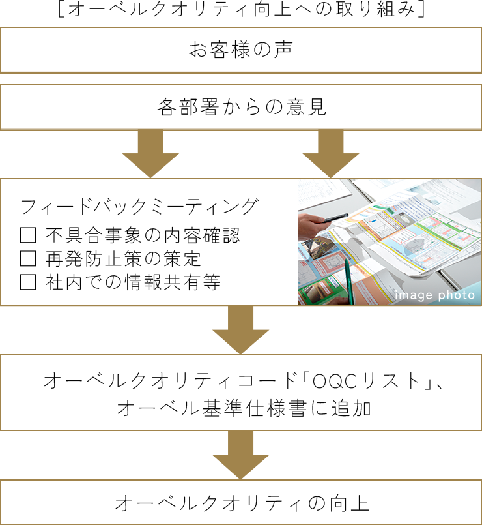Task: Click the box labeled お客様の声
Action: pos(241,50)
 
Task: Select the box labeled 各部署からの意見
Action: pos(241,108)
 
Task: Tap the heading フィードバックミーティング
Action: pos(139,206)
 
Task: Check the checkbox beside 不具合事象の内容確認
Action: pos(28,235)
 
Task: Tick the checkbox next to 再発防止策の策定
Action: pos(28,258)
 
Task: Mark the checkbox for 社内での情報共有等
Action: pos(28,282)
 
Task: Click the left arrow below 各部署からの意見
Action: pos(150,154)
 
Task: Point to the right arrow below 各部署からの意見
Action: pos(331,154)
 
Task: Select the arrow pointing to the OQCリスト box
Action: pos(241,329)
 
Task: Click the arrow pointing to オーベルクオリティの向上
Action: pos(241,455)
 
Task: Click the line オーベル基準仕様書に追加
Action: pos(244,408)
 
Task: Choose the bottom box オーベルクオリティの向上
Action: pos(241,502)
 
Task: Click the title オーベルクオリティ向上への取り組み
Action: pos(241,9)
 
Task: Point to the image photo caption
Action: pos(434,295)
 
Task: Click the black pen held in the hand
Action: pos(335,218)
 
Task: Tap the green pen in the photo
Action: pos(348,281)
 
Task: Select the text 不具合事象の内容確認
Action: pos(143,235)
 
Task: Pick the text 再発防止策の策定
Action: pos(123,258)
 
